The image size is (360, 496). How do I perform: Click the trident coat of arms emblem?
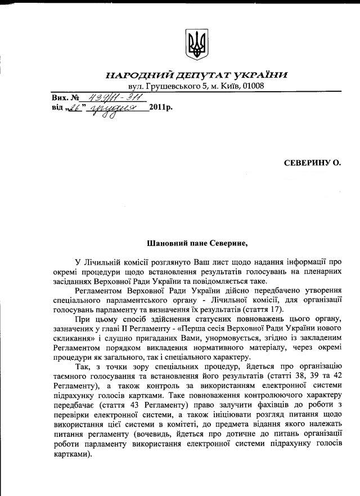(x=196, y=44)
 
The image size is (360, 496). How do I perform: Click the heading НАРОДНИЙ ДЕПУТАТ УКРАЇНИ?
(x=196, y=75)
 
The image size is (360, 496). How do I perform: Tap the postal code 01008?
(x=252, y=86)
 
